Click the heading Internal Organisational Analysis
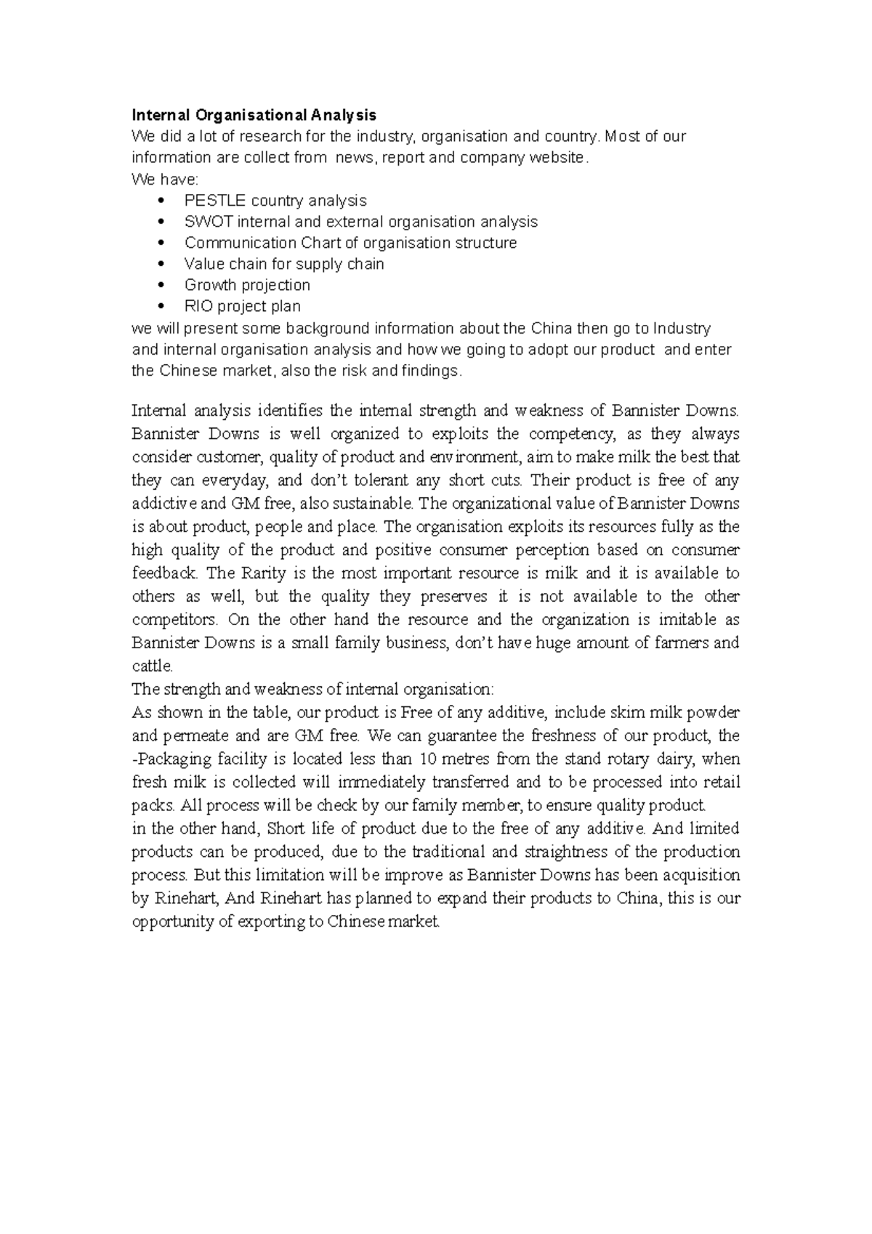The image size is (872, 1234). pyautogui.click(x=254, y=115)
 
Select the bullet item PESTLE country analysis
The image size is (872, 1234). pyautogui.click(x=275, y=201)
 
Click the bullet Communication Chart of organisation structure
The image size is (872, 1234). pyautogui.click(x=350, y=243)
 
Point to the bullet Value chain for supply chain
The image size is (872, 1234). pyautogui.click(x=284, y=264)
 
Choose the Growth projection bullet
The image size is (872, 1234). pyautogui.click(x=247, y=285)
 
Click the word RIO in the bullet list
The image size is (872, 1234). pyautogui.click(x=198, y=306)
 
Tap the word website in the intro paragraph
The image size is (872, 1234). pyautogui.click(x=557, y=158)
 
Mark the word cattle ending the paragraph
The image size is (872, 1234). pyautogui.click(x=150, y=666)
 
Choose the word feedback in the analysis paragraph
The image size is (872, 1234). pyautogui.click(x=163, y=573)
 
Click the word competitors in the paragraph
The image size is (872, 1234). pyautogui.click(x=174, y=619)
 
